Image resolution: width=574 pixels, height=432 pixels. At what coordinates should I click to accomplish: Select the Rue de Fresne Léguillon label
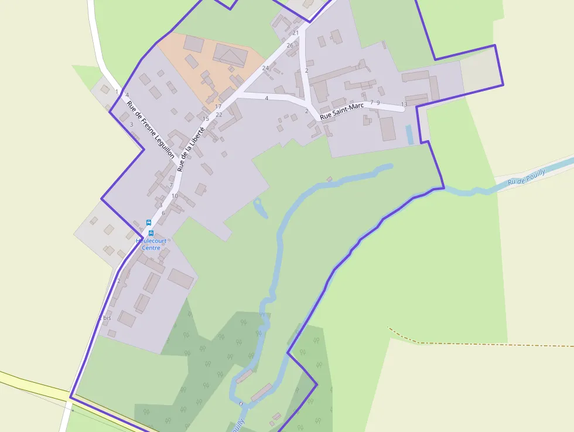pyautogui.click(x=151, y=130)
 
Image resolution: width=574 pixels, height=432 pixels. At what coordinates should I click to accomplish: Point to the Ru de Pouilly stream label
pyautogui.click(x=527, y=177)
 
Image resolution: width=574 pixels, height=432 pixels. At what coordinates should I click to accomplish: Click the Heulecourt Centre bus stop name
pyautogui.click(x=151, y=244)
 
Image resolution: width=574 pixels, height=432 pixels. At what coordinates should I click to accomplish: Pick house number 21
pyautogui.click(x=296, y=33)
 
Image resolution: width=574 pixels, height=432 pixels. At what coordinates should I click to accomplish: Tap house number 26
pyautogui.click(x=290, y=45)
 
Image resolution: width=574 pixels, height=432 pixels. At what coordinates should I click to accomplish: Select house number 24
pyautogui.click(x=265, y=68)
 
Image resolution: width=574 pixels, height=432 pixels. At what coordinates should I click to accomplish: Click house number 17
pyautogui.click(x=218, y=107)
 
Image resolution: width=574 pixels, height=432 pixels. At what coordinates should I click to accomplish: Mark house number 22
pyautogui.click(x=219, y=114)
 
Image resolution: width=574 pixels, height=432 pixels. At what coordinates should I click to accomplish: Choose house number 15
pyautogui.click(x=206, y=119)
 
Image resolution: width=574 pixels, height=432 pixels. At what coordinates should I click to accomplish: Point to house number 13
pyautogui.click(x=404, y=104)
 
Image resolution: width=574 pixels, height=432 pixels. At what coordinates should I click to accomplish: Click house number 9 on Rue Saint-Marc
pyautogui.click(x=378, y=103)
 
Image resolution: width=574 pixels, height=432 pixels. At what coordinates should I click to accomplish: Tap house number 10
pyautogui.click(x=175, y=196)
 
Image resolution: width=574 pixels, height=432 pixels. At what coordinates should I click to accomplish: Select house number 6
pyautogui.click(x=163, y=213)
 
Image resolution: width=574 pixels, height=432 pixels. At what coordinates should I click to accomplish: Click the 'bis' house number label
pyautogui.click(x=107, y=318)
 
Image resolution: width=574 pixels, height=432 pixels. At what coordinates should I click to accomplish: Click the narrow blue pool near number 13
pyautogui.click(x=409, y=135)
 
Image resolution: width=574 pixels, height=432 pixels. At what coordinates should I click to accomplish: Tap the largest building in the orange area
pyautogui.click(x=230, y=55)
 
